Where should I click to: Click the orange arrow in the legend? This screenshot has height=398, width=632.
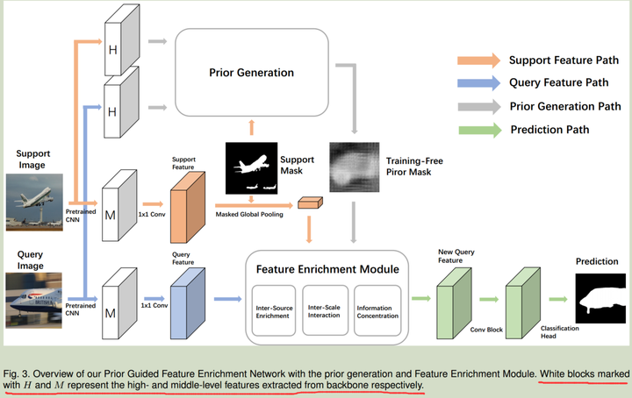pos(478,60)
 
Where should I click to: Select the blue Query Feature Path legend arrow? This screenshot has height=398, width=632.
pos(478,83)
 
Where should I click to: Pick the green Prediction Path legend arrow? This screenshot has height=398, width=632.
pos(478,130)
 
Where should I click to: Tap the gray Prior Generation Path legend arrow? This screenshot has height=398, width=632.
pos(478,107)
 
